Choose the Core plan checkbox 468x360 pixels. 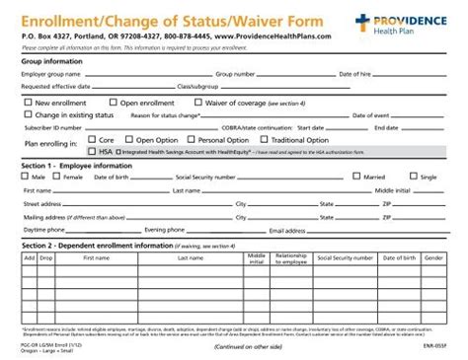click(92, 140)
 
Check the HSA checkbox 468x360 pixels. click(92, 152)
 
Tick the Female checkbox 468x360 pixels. click(57, 177)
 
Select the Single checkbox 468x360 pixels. click(414, 177)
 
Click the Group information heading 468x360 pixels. click(50, 60)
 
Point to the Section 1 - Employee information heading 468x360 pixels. click(75, 165)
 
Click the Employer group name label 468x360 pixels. click(51, 74)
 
